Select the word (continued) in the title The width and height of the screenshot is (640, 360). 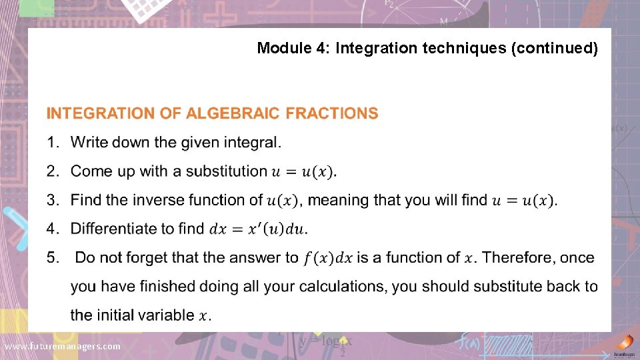click(554, 48)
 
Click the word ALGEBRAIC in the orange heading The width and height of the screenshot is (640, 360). click(233, 113)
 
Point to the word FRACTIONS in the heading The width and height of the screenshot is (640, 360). click(332, 113)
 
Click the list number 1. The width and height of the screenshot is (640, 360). click(52, 142)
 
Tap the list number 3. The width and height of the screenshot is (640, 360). click(52, 199)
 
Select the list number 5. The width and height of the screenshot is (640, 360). click(52, 257)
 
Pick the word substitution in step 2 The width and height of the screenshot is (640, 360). click(226, 171)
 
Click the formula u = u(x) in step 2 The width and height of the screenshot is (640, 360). click(303, 171)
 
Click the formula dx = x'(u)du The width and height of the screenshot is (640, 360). click(258, 229)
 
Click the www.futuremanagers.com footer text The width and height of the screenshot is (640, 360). click(62, 347)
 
